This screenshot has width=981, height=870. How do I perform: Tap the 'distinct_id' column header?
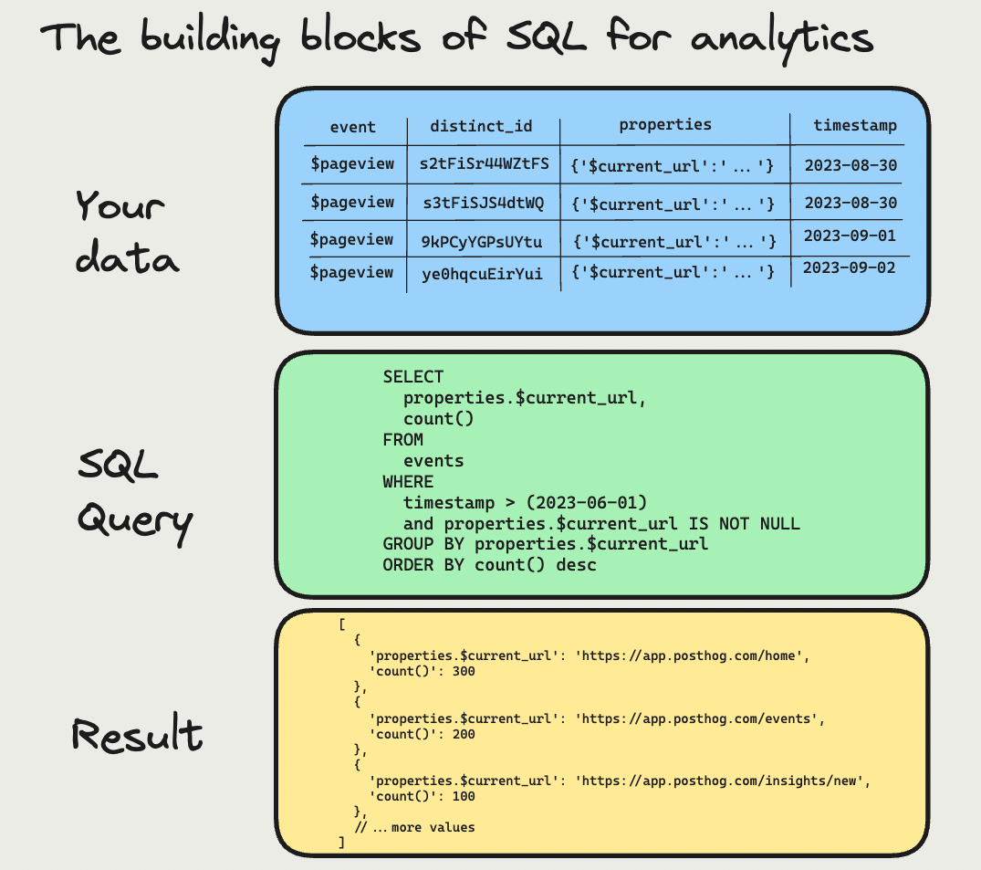[481, 126]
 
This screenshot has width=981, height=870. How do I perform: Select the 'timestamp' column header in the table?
[855, 126]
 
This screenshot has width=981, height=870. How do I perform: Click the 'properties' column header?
[665, 125]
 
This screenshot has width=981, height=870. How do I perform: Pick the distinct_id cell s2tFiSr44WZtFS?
[484, 164]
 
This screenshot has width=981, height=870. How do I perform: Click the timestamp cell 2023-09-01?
[850, 235]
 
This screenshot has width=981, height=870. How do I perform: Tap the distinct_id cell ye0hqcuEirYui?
[482, 273]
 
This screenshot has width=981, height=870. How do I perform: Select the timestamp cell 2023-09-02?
[850, 268]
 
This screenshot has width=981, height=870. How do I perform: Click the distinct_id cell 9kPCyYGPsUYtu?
[482, 241]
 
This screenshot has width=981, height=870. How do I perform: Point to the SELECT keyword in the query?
[413, 377]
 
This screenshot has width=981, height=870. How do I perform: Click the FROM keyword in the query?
[402, 440]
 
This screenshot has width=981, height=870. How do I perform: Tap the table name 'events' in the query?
[433, 461]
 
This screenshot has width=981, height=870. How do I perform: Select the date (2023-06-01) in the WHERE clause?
[591, 503]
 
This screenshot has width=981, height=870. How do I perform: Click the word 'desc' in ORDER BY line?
[577, 565]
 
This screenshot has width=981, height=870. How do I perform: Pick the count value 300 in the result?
[463, 671]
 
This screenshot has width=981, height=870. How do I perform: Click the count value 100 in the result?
[463, 796]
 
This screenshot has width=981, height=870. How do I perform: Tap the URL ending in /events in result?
[699, 718]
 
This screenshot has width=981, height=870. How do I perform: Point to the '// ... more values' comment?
[415, 827]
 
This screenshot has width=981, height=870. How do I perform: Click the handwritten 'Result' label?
[137, 735]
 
